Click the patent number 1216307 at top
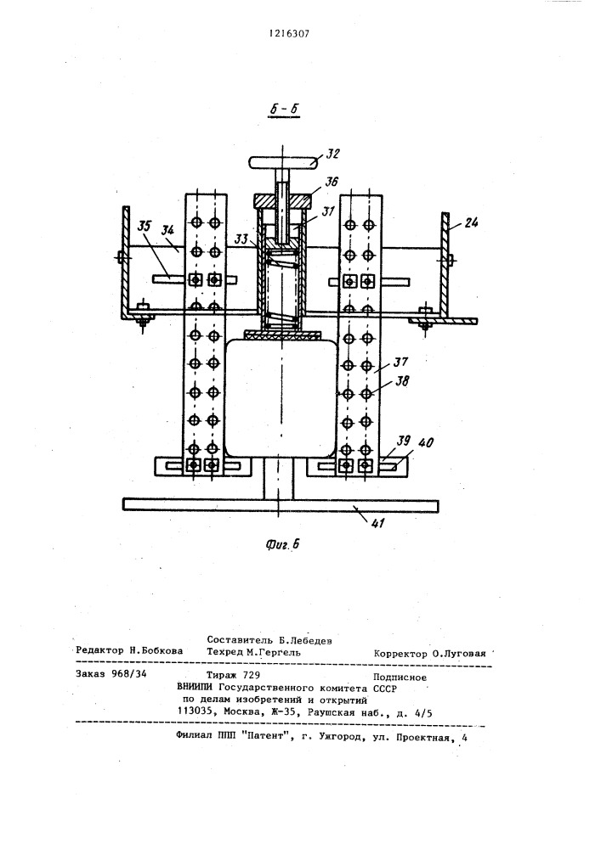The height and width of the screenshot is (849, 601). (x=289, y=34)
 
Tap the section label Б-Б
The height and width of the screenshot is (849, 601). (x=286, y=109)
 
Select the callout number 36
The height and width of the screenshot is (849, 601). (x=330, y=182)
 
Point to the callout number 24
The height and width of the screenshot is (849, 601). (x=471, y=222)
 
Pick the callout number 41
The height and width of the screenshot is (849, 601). (x=377, y=523)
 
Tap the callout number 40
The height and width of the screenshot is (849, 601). (x=427, y=442)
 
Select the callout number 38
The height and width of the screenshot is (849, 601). (x=401, y=381)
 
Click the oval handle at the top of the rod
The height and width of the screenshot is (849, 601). (x=282, y=162)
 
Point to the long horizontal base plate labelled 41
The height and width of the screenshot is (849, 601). (x=281, y=505)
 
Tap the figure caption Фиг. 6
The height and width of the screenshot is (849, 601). (x=282, y=545)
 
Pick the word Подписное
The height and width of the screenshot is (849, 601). (x=400, y=678)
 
